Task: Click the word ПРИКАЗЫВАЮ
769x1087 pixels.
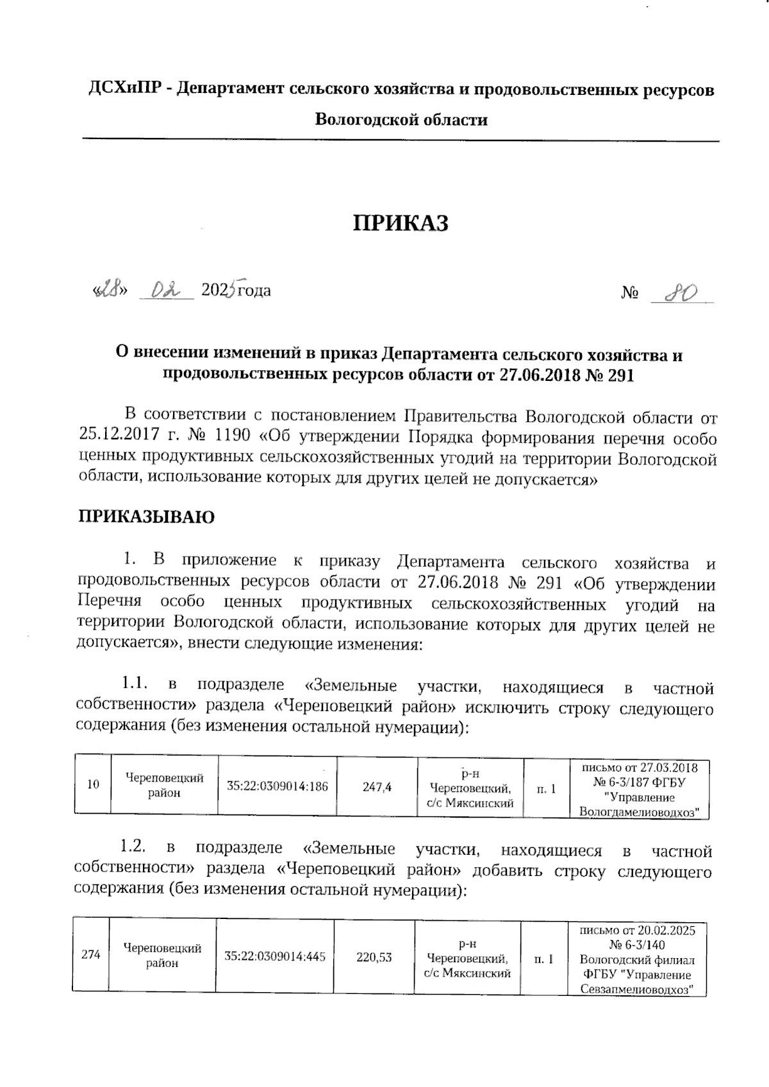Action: [x=146, y=516]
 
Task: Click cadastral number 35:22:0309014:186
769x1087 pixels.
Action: [x=277, y=785]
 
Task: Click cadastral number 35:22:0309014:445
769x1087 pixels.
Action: [x=275, y=957]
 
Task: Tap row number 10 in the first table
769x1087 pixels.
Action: [x=94, y=784]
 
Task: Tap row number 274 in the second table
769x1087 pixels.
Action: [x=91, y=954]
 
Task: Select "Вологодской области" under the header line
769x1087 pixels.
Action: [x=401, y=119]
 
